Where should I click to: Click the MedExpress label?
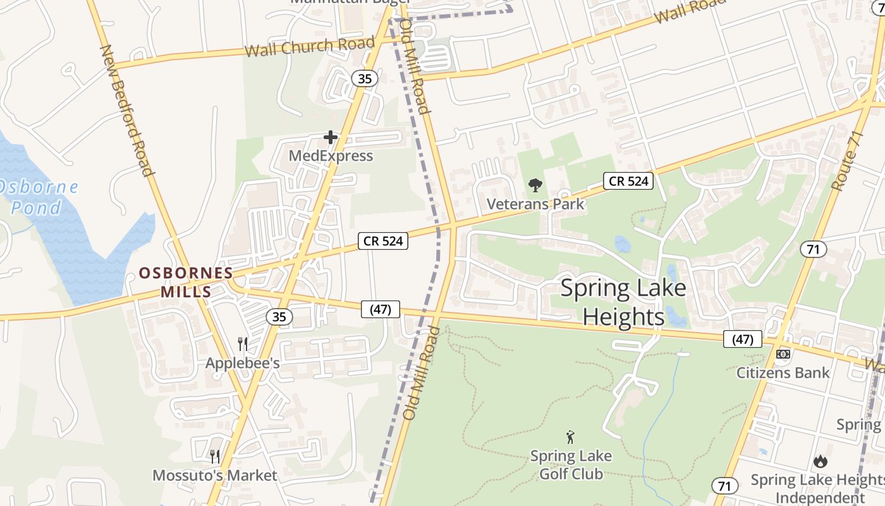click(x=331, y=156)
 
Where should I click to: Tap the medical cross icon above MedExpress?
click(x=330, y=137)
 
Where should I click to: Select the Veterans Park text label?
click(x=535, y=204)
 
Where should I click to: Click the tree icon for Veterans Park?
click(x=535, y=185)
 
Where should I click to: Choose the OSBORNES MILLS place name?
click(x=185, y=282)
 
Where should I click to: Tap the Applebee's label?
click(x=243, y=364)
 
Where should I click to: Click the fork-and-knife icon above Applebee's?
click(x=243, y=344)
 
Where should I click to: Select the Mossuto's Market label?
click(x=215, y=475)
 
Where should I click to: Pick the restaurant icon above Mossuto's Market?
click(x=215, y=456)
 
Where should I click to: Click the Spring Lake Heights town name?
click(x=623, y=302)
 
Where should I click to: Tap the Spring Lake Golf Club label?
click(x=571, y=464)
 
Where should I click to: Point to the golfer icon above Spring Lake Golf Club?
click(x=570, y=436)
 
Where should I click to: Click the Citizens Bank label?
click(x=783, y=373)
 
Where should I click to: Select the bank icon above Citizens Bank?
click(x=783, y=354)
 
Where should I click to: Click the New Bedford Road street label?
click(x=127, y=111)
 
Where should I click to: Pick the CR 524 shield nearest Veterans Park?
click(x=628, y=181)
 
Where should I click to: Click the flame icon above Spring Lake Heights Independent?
click(x=821, y=461)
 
